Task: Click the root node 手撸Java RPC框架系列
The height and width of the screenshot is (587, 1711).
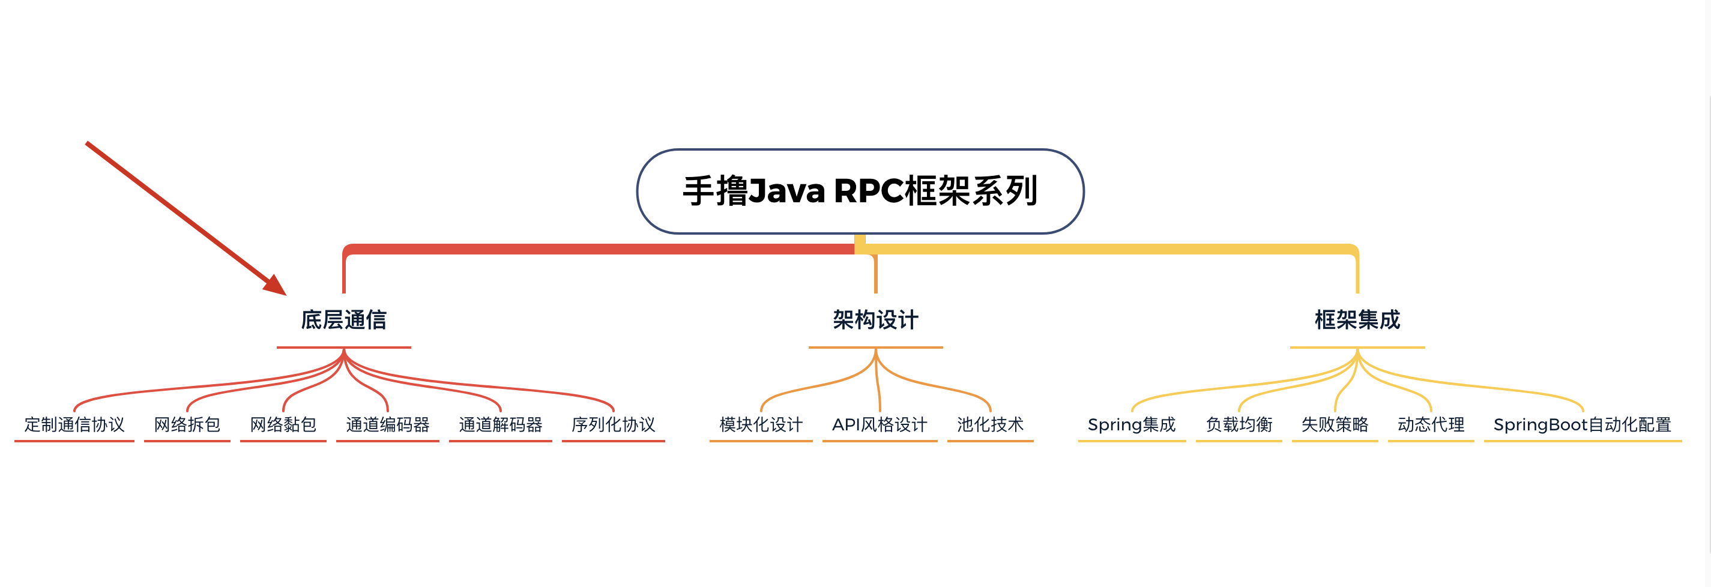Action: (x=860, y=191)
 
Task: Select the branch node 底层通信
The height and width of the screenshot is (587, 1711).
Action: (x=343, y=320)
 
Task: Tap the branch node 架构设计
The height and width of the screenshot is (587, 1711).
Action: (x=875, y=320)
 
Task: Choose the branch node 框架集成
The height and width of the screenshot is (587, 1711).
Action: (x=1357, y=320)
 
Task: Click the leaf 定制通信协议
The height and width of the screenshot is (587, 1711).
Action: (x=74, y=424)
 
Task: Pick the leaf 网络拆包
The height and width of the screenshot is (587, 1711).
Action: (x=187, y=424)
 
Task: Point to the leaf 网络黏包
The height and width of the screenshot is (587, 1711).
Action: (x=283, y=424)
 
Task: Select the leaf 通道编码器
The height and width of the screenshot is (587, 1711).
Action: (x=388, y=424)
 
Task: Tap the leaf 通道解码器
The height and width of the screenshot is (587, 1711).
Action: (x=501, y=424)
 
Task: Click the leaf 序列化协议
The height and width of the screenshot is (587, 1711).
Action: (x=613, y=424)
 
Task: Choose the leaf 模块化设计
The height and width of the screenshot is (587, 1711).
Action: (x=761, y=424)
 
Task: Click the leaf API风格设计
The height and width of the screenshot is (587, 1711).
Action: (x=880, y=424)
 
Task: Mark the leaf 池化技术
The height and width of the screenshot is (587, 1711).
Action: (x=991, y=424)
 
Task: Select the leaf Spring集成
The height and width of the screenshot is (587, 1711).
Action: (x=1132, y=424)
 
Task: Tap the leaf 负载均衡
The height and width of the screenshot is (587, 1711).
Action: (x=1239, y=424)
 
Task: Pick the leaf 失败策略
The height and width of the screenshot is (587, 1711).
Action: (x=1335, y=424)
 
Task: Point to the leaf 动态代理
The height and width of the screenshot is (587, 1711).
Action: (x=1431, y=424)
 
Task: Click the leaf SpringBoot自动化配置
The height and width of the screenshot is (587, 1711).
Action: (x=1582, y=424)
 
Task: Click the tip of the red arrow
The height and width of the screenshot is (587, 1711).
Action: (x=285, y=294)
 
